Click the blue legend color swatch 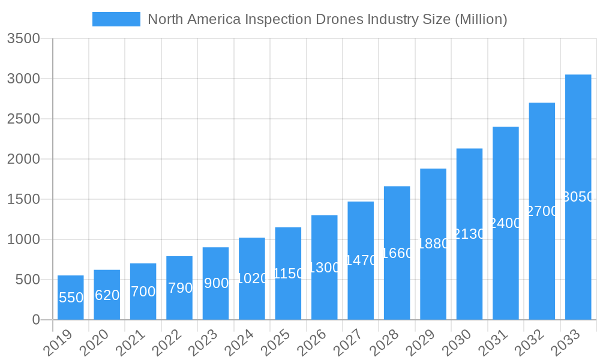click(116, 19)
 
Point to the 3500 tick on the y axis click(23, 39)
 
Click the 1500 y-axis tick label click(23, 199)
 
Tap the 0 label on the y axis click(35, 320)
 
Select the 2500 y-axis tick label click(23, 119)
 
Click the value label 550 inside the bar click(71, 298)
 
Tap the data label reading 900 click(216, 283)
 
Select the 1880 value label click(433, 244)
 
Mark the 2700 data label click(542, 211)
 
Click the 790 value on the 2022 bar click(179, 288)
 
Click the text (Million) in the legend click(481, 19)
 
